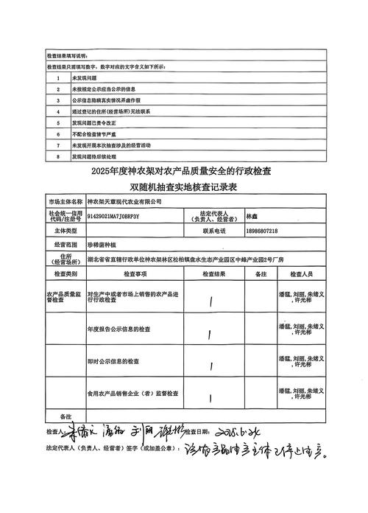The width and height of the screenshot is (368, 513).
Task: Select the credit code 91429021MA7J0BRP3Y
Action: [113, 217]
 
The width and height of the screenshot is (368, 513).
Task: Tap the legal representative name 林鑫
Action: [252, 217]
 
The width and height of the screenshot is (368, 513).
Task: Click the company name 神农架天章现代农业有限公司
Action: [123, 201]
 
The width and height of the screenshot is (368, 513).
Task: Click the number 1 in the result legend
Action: [57, 77]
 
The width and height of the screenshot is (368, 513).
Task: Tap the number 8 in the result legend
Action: [57, 156]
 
